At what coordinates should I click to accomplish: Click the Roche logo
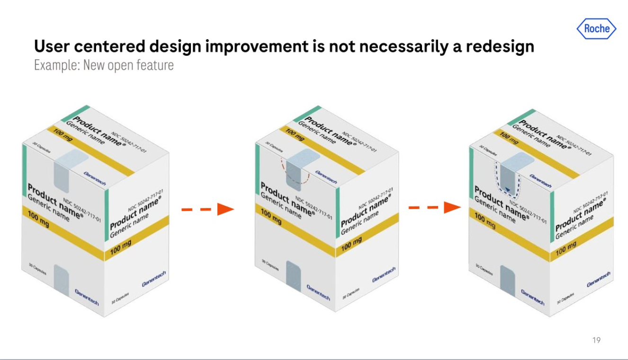point(597,28)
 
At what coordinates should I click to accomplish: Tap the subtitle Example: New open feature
point(104,65)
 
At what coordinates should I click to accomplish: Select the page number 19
point(596,340)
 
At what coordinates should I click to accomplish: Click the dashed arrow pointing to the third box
point(435,207)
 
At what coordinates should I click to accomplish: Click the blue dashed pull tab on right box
point(509,180)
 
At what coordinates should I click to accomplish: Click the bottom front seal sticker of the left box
point(62,280)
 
